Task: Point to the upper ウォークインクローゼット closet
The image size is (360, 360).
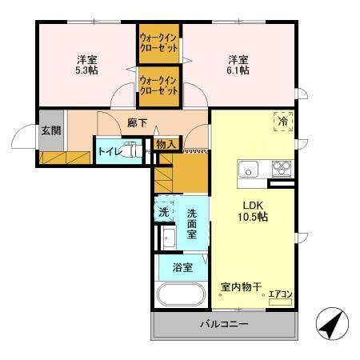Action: pos(158,42)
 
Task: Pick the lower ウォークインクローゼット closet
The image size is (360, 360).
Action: pos(158,86)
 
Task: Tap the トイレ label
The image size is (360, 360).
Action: pos(108,151)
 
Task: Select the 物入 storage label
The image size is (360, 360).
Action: pos(166,145)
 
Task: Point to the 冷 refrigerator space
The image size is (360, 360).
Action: pos(282,122)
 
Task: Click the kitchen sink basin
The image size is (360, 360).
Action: pos(247,170)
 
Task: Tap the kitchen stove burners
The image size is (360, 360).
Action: pos(281,169)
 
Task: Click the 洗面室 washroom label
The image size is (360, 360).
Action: pos(193,218)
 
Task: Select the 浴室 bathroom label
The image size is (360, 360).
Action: pos(182,267)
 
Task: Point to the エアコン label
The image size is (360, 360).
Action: pos(280,294)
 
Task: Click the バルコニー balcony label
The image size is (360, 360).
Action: pos(224,325)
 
